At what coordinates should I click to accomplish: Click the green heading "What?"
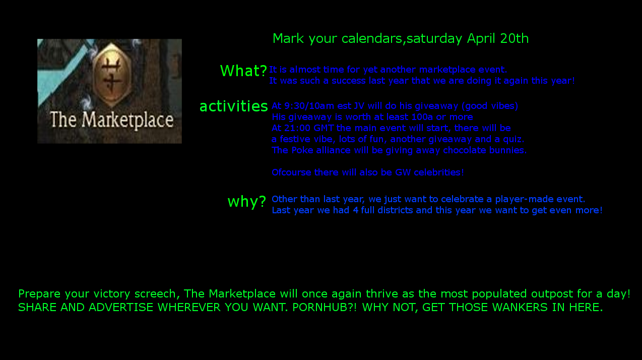tap(243, 71)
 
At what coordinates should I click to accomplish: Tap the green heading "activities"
tap(234, 106)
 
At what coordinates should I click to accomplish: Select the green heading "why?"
tap(247, 201)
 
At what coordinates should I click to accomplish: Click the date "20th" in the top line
tap(514, 38)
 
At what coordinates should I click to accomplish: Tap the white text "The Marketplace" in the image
tap(112, 119)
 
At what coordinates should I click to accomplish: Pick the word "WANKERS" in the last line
tap(520, 307)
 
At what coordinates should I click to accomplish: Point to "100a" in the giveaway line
tap(422, 117)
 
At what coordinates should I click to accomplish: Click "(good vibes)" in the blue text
tap(490, 106)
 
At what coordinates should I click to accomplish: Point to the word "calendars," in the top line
tap(374, 39)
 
